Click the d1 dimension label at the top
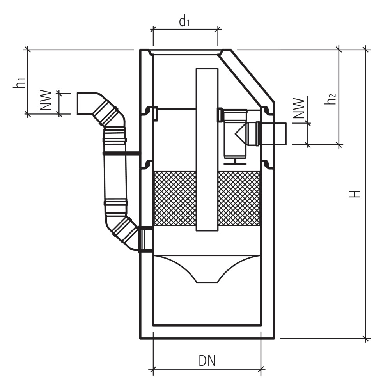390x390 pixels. coord(184,22)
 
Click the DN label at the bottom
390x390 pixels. coord(207,361)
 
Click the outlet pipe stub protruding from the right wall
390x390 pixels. coord(273,133)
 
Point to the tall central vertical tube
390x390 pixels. coord(207,148)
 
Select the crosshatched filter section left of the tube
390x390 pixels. coord(175,198)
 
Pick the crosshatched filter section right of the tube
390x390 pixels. coord(239,198)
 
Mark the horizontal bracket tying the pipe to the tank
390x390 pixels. coord(133,153)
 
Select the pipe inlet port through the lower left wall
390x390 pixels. coord(146,239)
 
